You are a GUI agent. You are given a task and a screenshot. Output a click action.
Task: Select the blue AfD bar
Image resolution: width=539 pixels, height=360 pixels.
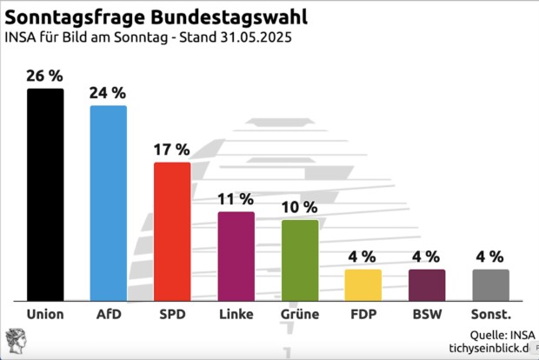[109, 202]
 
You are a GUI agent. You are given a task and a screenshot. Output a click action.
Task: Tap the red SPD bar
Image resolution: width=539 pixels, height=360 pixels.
[172, 230]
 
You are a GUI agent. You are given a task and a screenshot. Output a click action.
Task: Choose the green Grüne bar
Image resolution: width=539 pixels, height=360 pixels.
[300, 259]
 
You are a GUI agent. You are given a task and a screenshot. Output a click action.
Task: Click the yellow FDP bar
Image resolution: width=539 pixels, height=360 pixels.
[363, 283]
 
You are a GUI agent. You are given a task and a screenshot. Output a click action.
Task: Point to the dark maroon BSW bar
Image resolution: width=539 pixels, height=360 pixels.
[427, 283]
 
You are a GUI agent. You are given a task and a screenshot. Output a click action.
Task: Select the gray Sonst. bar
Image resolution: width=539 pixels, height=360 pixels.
[491, 283]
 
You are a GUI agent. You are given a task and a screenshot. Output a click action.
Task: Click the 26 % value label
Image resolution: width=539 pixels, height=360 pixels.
[45, 76]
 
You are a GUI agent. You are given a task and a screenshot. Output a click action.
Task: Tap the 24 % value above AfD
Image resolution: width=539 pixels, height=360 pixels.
[109, 92]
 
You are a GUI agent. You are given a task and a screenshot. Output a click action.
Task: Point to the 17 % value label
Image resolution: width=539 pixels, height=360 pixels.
[172, 149]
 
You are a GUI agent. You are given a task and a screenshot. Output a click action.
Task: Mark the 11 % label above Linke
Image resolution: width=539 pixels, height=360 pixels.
[236, 199]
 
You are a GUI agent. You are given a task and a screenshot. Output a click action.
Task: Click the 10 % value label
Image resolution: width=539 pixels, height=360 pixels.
[300, 207]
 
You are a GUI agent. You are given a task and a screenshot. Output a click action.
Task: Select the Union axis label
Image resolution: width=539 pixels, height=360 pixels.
[45, 313]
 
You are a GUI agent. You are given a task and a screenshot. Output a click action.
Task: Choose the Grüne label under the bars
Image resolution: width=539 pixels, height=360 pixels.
[300, 313]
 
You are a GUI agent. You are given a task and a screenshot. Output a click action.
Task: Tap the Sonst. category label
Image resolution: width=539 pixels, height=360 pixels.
[491, 313]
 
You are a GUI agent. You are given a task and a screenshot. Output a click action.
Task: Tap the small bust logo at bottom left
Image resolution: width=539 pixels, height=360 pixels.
[16, 341]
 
